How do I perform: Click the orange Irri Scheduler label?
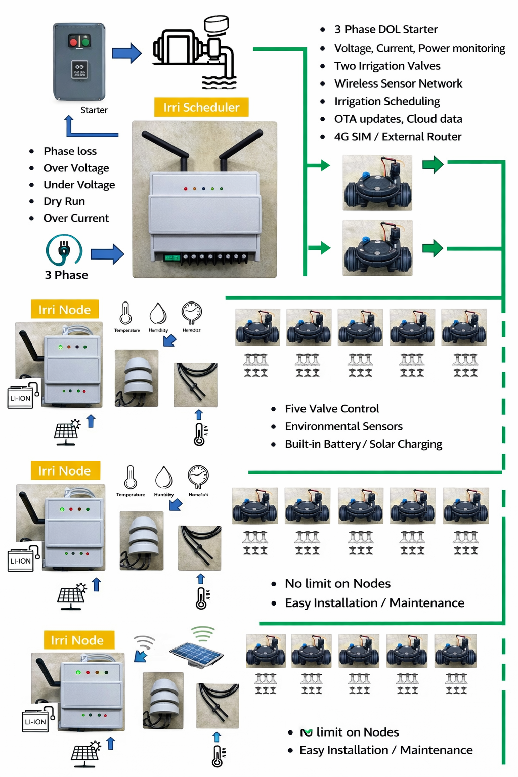pyautogui.click(x=201, y=107)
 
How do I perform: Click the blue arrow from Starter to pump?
pyautogui.click(x=126, y=53)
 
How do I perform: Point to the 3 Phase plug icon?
pyautogui.click(x=64, y=249)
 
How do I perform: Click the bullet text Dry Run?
pyautogui.click(x=64, y=201)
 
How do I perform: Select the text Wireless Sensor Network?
pyautogui.click(x=398, y=83)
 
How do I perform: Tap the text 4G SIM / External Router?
pyautogui.click(x=398, y=137)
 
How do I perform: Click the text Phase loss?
pyautogui.click(x=70, y=151)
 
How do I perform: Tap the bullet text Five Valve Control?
pyautogui.click(x=332, y=409)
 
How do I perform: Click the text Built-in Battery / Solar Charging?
pyautogui.click(x=363, y=444)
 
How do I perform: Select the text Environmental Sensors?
pyautogui.click(x=343, y=426)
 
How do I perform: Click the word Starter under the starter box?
pyautogui.click(x=94, y=110)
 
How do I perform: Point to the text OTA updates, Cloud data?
pyautogui.click(x=398, y=119)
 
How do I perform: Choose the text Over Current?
pyautogui.click(x=76, y=218)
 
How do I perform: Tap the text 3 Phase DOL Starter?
pyautogui.click(x=386, y=29)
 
